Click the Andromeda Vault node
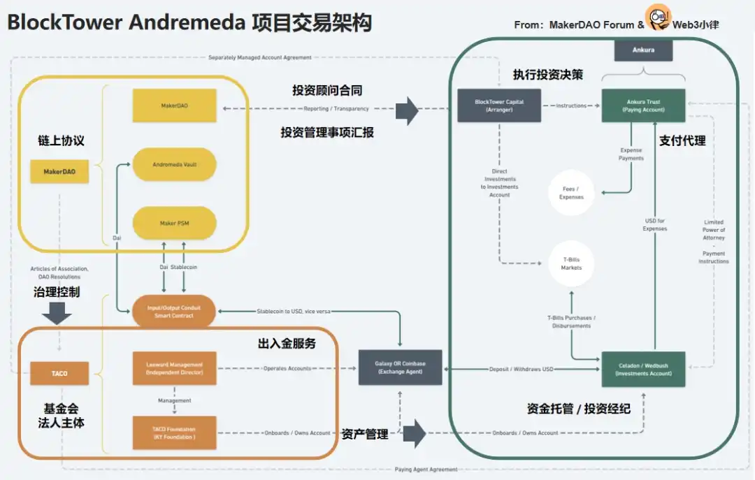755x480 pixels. [174, 165]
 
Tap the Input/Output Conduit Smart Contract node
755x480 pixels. [174, 312]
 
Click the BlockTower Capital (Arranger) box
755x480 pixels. [498, 106]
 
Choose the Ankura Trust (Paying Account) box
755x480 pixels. [643, 106]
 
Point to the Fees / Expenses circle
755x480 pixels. [571, 193]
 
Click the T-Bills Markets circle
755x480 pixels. [571, 263]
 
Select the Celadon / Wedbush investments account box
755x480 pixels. [643, 369]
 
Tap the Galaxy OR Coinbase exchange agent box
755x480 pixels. [400, 368]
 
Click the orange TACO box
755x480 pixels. [59, 373]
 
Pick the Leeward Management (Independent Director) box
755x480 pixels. [174, 368]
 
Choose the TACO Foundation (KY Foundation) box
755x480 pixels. [174, 432]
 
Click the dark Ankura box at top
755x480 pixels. [643, 50]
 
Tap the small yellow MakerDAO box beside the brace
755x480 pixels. [59, 171]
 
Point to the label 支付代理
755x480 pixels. [682, 140]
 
